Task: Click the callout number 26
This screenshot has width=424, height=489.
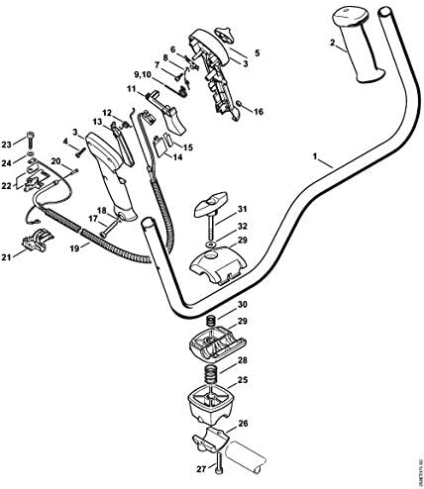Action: click(x=244, y=425)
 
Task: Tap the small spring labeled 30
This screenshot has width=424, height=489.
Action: click(x=210, y=319)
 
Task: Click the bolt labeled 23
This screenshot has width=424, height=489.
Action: click(x=34, y=144)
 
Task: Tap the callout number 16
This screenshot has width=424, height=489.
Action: click(x=260, y=112)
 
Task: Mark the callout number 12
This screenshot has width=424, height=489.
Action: click(x=107, y=113)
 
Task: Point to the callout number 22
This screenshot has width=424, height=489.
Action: click(x=8, y=184)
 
